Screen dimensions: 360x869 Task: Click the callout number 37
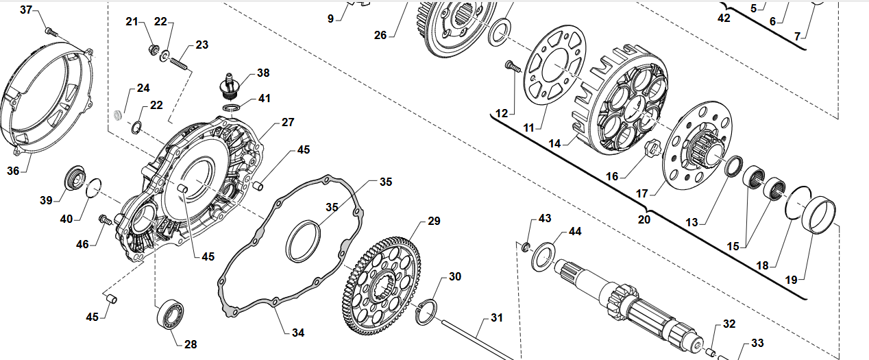click(26, 10)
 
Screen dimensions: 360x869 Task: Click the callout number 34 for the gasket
click(297, 333)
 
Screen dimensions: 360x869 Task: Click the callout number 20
click(644, 219)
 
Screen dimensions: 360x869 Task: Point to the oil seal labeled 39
click(73, 178)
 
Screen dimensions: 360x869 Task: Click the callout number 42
click(724, 18)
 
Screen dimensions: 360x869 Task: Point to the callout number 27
click(287, 122)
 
